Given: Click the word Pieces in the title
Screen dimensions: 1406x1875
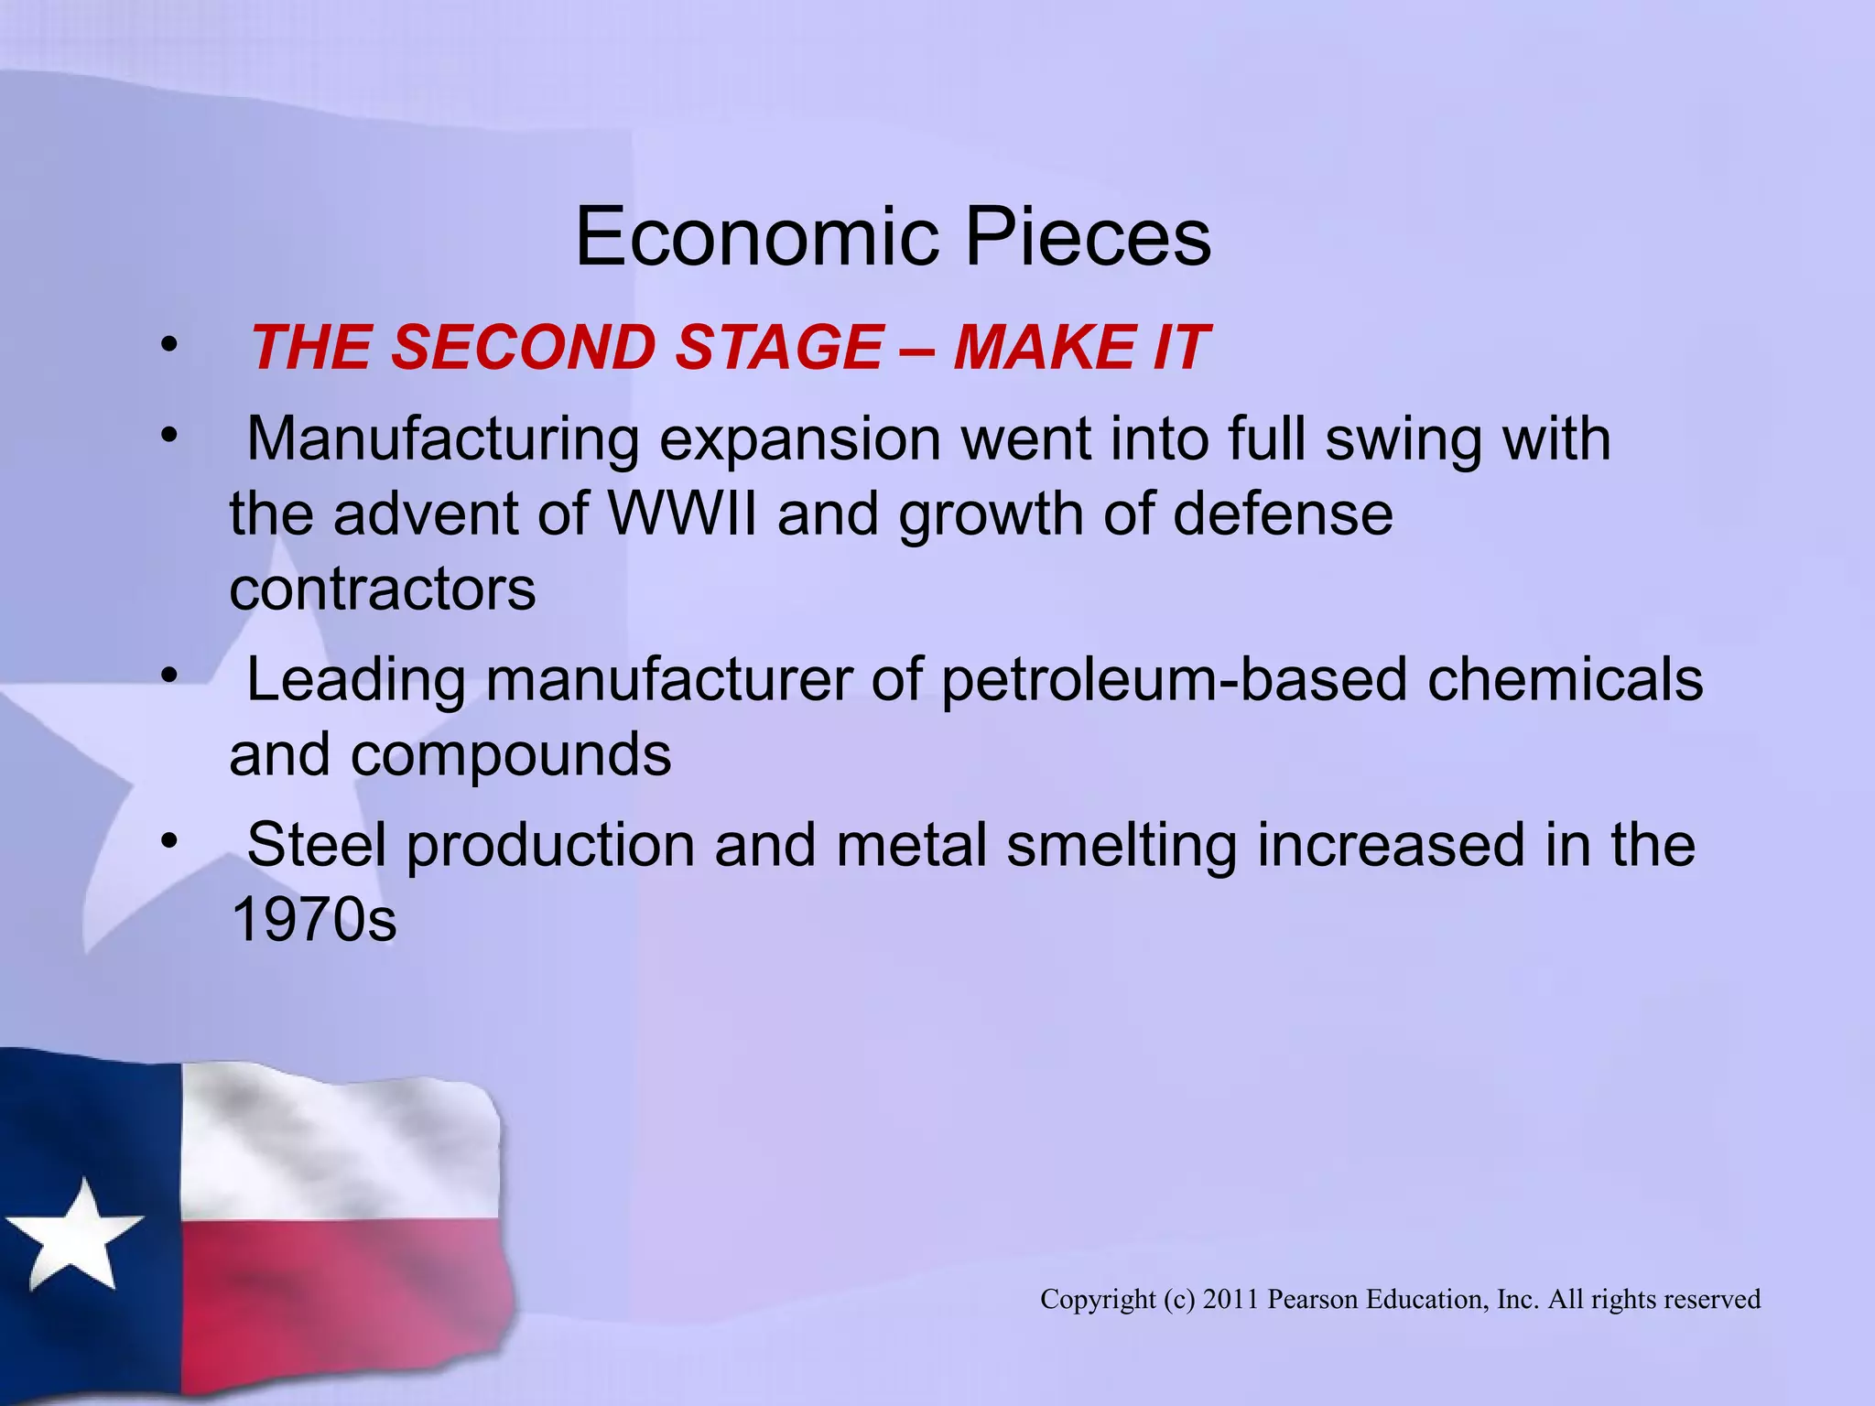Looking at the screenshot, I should tap(1089, 238).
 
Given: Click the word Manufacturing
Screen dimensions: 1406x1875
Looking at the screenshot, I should tap(443, 439).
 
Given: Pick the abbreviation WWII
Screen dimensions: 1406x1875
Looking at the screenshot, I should tap(683, 514).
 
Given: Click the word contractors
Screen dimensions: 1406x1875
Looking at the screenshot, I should tap(383, 589).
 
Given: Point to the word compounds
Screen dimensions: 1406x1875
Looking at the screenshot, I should tap(511, 756).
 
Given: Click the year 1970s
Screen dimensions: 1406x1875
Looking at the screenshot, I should tap(314, 920).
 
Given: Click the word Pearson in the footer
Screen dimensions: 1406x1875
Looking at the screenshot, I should tap(1313, 1299).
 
